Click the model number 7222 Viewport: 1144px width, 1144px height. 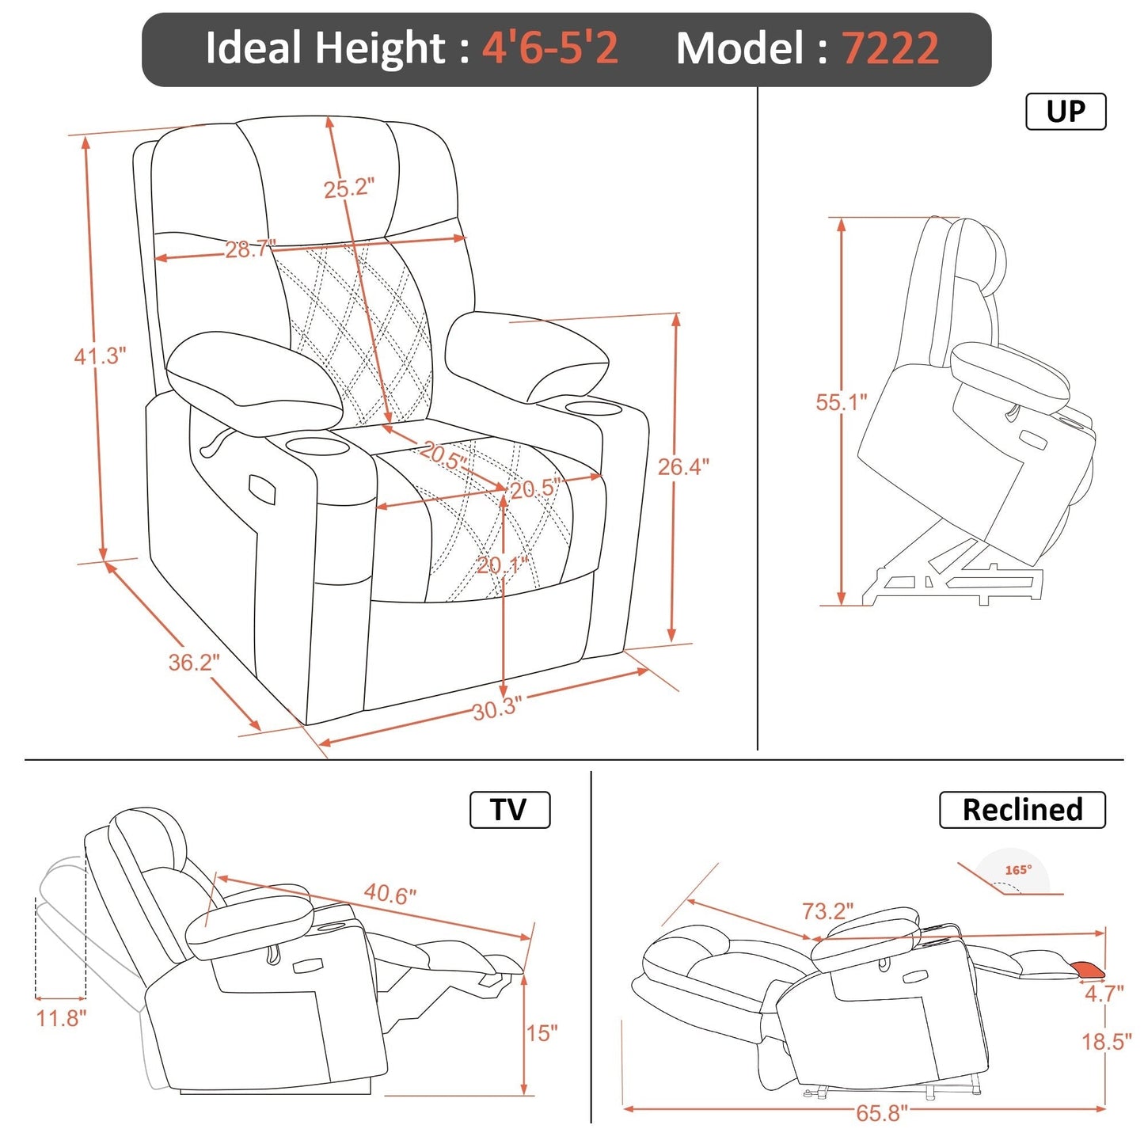pos(890,49)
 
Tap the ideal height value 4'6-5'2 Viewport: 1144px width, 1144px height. pos(550,49)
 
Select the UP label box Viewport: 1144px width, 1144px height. pos(1065,112)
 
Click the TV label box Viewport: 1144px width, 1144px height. pos(509,810)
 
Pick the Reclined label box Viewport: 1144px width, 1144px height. pos(1021,810)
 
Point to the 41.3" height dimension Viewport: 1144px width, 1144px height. pos(100,356)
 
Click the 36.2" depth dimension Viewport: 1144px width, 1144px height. pos(194,662)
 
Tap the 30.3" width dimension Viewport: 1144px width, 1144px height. pos(497,708)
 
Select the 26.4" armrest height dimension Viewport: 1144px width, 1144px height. pos(683,467)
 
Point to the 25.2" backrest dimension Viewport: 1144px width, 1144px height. pos(348,189)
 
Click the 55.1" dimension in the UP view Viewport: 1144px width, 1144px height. pos(842,402)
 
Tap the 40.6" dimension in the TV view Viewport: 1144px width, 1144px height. pos(390,894)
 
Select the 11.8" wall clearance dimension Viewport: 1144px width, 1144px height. pos(61,1018)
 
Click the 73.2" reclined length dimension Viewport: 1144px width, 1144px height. pos(827,911)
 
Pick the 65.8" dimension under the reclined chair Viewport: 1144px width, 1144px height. pos(881,1113)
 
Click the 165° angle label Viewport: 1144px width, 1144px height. pos(1018,870)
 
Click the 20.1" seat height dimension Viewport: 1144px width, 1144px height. pos(501,565)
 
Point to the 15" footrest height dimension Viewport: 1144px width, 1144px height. pos(542,1033)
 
